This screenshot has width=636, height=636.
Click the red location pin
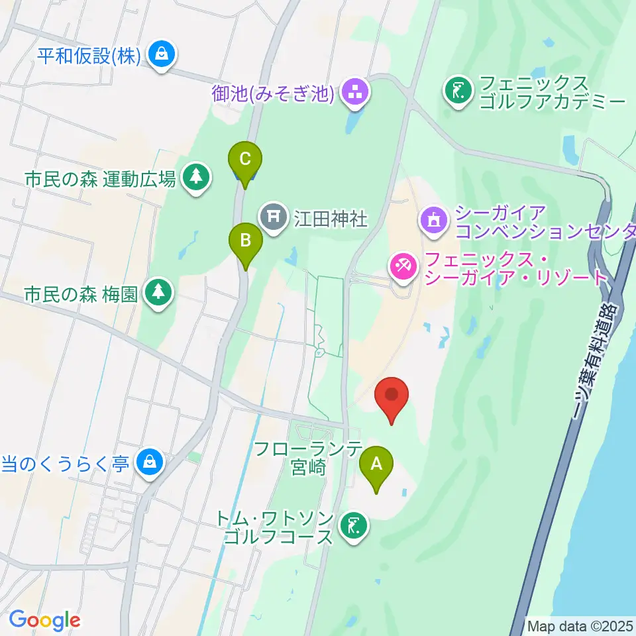[392, 396]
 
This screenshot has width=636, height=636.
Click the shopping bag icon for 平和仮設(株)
[162, 56]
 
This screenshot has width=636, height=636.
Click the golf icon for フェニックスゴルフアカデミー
[458, 91]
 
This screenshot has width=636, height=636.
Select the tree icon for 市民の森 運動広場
[195, 178]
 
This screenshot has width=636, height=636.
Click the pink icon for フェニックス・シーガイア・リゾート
[403, 268]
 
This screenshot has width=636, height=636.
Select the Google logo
[44, 620]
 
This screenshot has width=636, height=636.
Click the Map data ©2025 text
[579, 625]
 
